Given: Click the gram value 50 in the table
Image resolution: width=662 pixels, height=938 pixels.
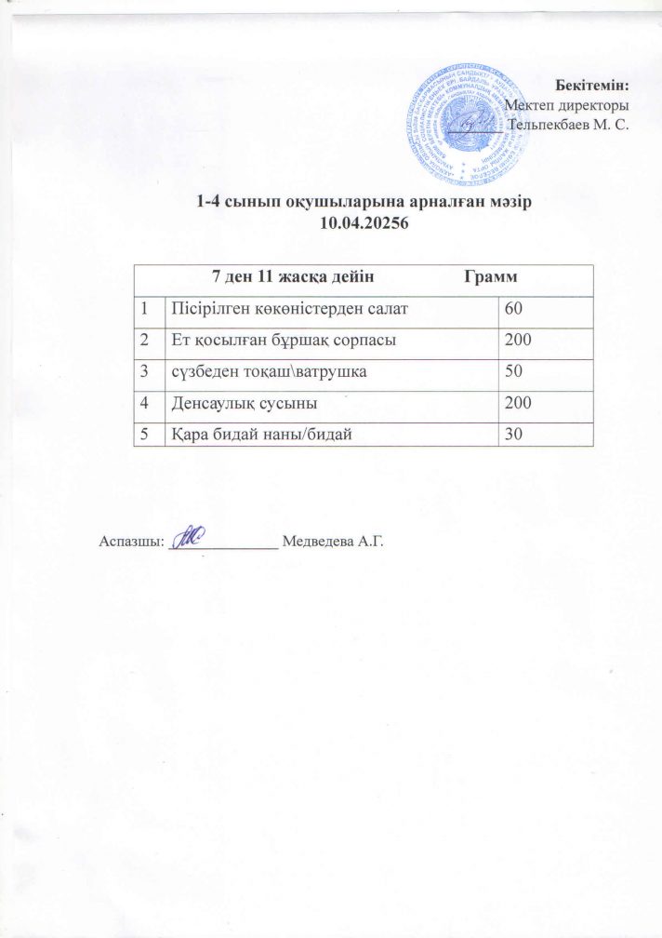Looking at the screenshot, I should point(513,371).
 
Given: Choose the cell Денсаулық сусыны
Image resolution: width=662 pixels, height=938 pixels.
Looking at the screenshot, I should point(243,403).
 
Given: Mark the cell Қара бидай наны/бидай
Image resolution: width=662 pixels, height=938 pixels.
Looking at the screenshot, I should point(263,434).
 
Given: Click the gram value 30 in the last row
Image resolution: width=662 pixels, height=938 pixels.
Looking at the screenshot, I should point(513,434).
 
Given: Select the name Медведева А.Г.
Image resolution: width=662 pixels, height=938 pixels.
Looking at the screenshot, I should point(332,542).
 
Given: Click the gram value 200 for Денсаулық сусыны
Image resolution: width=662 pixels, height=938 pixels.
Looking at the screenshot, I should point(518,403).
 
